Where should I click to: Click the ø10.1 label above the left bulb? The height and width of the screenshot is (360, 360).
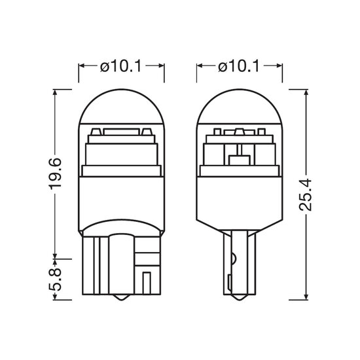coord(121,66)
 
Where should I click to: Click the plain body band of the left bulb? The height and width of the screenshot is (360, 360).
coord(121,200)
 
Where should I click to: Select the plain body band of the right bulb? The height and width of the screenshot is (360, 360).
coord(240,200)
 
